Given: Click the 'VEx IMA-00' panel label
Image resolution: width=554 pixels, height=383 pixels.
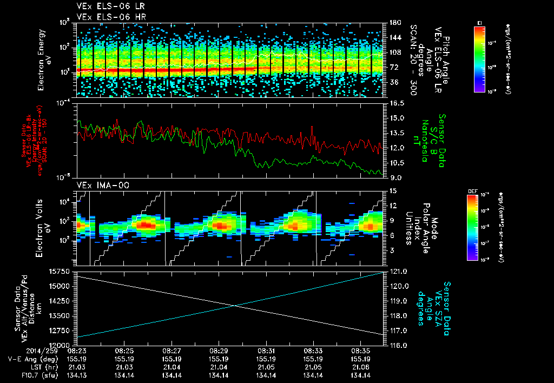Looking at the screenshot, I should (95, 185).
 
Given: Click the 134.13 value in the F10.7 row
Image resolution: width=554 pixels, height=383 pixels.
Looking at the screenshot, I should (77, 375).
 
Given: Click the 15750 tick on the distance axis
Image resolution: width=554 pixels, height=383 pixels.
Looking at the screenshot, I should (63, 270).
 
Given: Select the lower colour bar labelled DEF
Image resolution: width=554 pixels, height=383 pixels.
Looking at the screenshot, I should (471, 228).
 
